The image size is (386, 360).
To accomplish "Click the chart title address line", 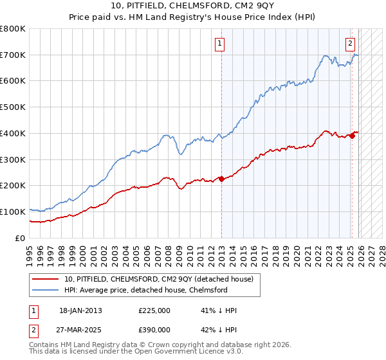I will click(193, 6).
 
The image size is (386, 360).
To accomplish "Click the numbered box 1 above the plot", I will click(220, 44).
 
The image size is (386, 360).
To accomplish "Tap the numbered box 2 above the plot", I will click(350, 44).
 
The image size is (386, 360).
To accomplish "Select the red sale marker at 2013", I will click(221, 179).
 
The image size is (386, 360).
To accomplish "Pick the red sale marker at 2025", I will click(353, 135).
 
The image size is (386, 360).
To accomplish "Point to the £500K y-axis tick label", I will click(13, 107).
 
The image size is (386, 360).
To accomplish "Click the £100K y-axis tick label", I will click(13, 212).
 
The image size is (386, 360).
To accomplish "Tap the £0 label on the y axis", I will click(19, 238).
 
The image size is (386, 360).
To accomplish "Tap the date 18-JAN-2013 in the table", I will click(80, 310).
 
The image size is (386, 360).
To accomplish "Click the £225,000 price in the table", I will click(154, 310).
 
